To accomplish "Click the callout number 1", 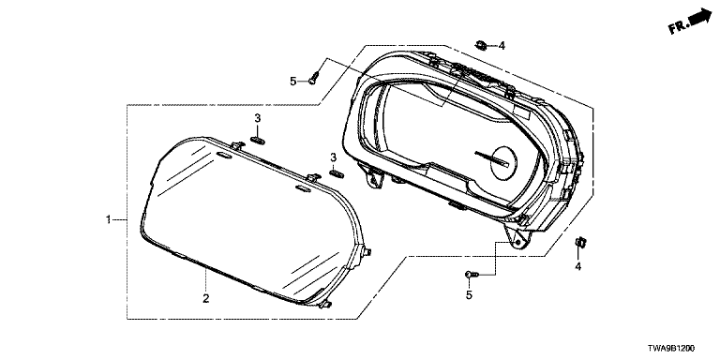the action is [x=109, y=220].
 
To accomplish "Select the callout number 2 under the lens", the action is [x=206, y=298].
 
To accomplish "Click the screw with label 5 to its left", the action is [x=315, y=78].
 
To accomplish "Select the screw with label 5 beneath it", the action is [x=472, y=274].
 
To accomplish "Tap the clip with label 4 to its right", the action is [x=482, y=45].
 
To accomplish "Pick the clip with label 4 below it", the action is [x=581, y=242].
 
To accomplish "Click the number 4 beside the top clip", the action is [x=502, y=45].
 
